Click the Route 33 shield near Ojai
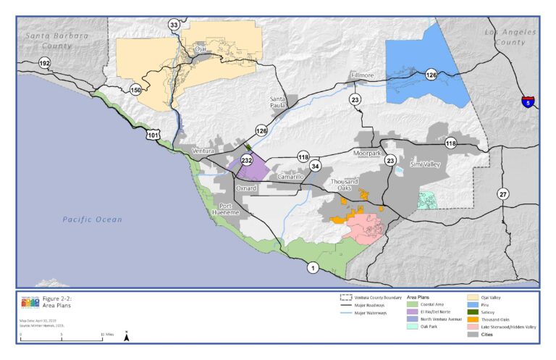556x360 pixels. point(174,25)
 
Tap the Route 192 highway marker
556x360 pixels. point(45,63)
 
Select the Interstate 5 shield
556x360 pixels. point(527,102)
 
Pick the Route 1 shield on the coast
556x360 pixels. point(313,267)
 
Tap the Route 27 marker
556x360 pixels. point(502,193)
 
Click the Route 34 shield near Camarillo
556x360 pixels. point(315,166)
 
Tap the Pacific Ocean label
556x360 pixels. point(92,219)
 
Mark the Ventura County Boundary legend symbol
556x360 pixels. point(345,297)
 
